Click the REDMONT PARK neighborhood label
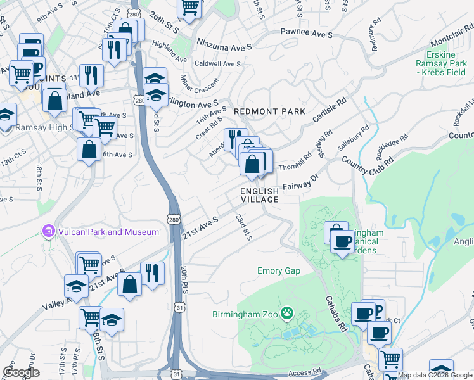pyautogui.click(x=270, y=111)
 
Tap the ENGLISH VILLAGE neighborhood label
pyautogui.click(x=259, y=195)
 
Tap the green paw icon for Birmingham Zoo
pyautogui.click(x=288, y=312)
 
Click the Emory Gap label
pyautogui.click(x=279, y=271)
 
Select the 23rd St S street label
pyautogui.click(x=244, y=227)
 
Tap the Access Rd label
pyautogui.click(x=302, y=374)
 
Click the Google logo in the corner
pyautogui.click(x=21, y=372)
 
